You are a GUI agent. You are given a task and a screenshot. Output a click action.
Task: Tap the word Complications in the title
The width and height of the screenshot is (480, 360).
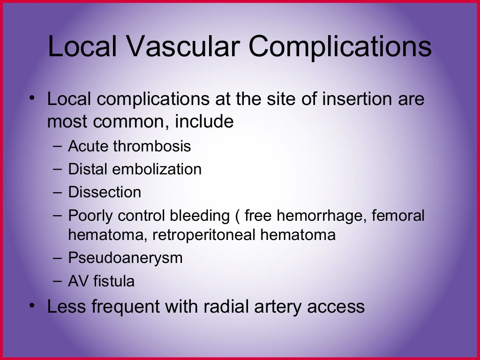(x=339, y=47)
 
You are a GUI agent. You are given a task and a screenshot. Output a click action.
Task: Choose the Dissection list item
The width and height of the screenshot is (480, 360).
(x=105, y=192)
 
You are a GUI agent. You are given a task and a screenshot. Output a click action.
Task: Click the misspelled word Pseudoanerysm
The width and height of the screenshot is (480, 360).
(x=125, y=258)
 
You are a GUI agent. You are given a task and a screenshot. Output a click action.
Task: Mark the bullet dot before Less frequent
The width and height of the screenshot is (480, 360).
(x=32, y=305)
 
